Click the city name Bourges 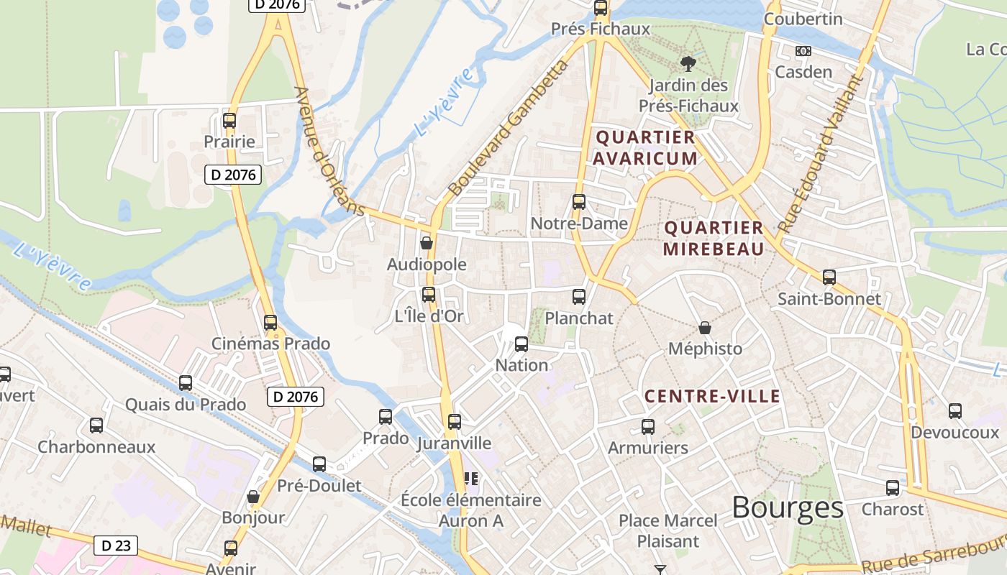tap(787, 507)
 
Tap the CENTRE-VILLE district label tap(712, 396)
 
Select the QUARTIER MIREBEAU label tap(713, 238)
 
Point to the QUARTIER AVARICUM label tap(645, 147)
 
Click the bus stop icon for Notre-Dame tap(579, 202)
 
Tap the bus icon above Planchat tap(579, 296)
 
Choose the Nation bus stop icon tap(521, 344)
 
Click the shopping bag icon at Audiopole tap(427, 243)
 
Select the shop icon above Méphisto tap(705, 328)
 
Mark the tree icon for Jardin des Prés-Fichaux tap(688, 64)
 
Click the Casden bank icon tap(803, 51)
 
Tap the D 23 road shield tap(115, 546)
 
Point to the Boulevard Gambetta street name tap(507, 129)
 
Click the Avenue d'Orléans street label tap(329, 151)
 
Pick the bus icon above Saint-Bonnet tap(829, 277)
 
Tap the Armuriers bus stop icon tap(648, 426)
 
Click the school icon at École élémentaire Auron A tap(471, 478)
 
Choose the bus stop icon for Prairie tap(229, 120)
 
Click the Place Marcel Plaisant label tap(668, 530)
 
